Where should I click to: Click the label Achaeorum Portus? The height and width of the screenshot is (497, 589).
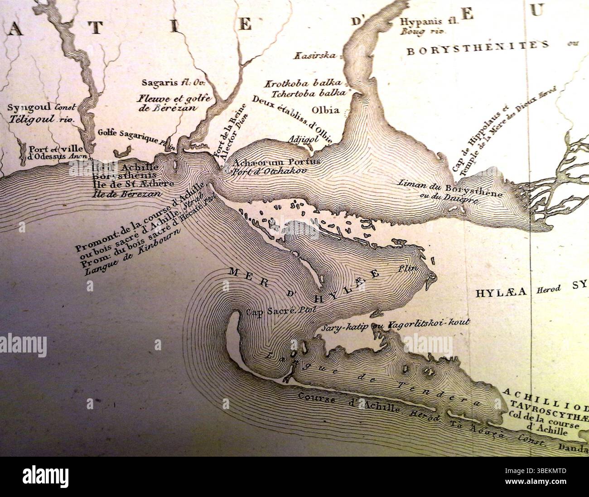[276, 162]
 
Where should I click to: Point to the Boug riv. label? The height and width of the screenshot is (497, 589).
[423, 32]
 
